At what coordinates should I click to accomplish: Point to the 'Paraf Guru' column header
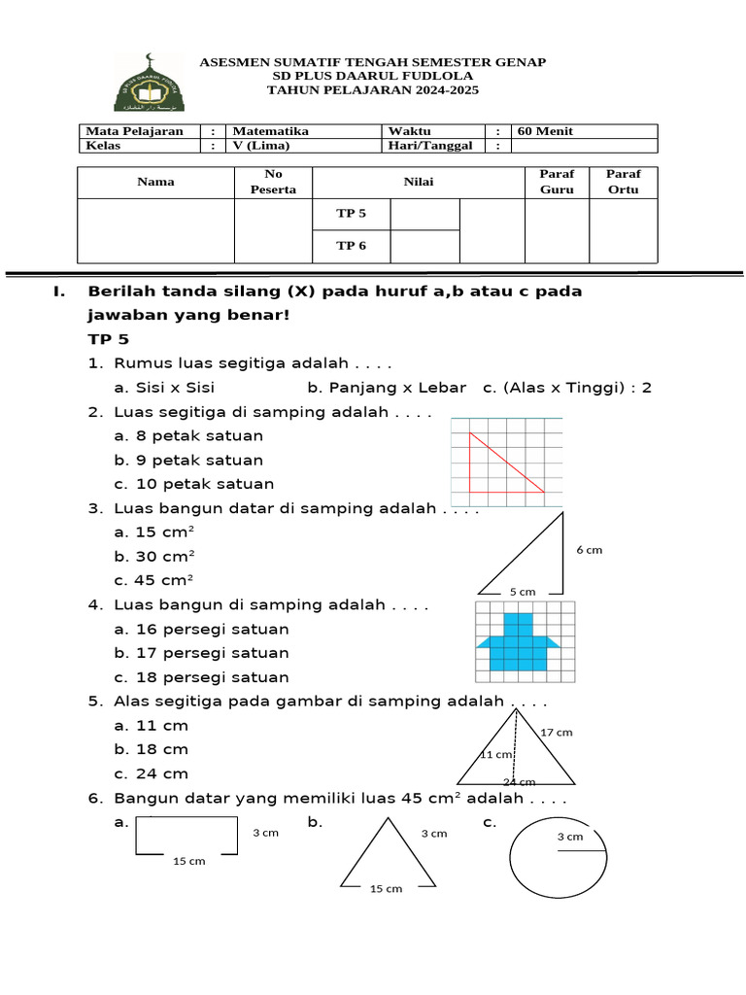tap(557, 182)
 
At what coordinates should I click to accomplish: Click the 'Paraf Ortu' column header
tap(623, 182)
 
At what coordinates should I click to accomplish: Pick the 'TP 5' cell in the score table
tap(351, 214)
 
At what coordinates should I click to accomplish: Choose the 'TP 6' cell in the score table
tap(351, 246)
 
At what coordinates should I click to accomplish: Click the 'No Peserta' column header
tap(273, 182)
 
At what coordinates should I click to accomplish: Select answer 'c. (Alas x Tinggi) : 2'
tap(566, 388)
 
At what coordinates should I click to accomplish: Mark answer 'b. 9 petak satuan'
tap(188, 460)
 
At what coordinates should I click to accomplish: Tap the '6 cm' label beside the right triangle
tap(589, 550)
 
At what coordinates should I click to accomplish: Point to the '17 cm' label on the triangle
tap(557, 732)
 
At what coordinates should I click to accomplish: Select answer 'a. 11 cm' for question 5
tap(151, 726)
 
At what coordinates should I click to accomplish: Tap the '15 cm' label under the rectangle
tap(188, 861)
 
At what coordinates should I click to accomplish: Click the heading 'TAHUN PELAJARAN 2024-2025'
tap(373, 90)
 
